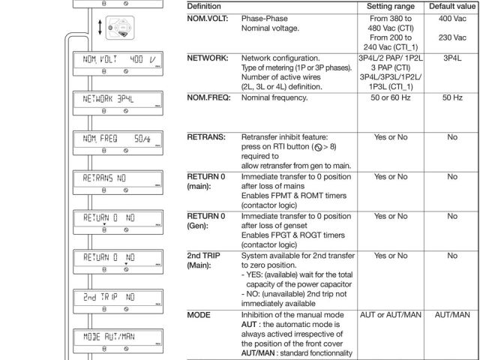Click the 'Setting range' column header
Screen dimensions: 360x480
click(x=394, y=6)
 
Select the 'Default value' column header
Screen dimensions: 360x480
click(x=452, y=6)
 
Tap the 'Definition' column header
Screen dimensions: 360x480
click(x=209, y=6)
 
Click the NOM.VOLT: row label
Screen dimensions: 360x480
click(x=209, y=16)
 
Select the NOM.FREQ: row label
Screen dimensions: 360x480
click(x=209, y=99)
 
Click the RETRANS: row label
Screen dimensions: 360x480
click(x=206, y=137)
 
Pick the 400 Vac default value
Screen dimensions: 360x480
click(x=452, y=16)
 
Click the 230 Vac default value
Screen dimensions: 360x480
click(x=452, y=37)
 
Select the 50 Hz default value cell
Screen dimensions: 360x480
click(x=452, y=99)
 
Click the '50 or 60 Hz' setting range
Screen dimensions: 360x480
click(x=394, y=99)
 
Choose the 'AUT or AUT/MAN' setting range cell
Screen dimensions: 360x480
click(x=394, y=315)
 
